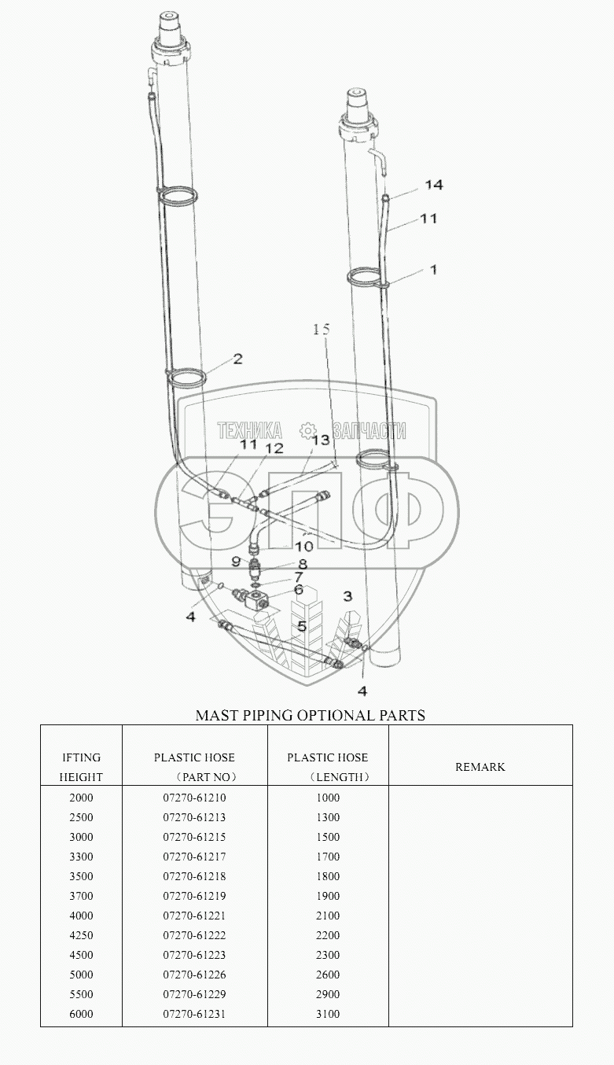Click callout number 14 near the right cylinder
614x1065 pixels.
pyautogui.click(x=433, y=185)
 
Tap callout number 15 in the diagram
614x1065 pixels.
pyautogui.click(x=322, y=329)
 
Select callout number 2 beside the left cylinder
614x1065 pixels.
pyautogui.click(x=237, y=359)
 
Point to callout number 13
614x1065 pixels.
pyautogui.click(x=321, y=440)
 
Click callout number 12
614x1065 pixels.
pyautogui.click(x=274, y=448)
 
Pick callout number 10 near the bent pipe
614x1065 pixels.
pyautogui.click(x=304, y=547)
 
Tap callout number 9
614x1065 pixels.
pyautogui.click(x=236, y=562)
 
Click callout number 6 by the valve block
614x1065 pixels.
pyautogui.click(x=299, y=590)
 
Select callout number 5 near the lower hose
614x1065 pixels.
pyautogui.click(x=302, y=627)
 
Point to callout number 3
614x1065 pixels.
pyautogui.click(x=347, y=596)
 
